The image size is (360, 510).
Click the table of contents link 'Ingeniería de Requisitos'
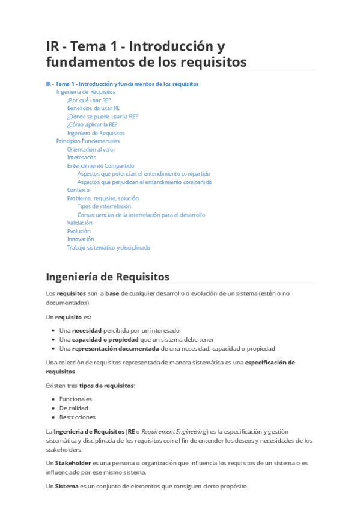pos(85,92)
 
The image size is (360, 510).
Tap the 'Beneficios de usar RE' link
pos(93,108)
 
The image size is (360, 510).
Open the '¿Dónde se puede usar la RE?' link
pos(102,117)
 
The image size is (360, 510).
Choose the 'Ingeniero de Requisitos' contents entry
pos(96,133)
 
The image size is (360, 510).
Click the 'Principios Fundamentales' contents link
pos(88,141)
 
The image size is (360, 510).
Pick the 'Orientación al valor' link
pos(91,149)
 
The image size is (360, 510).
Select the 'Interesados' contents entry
pos(81,158)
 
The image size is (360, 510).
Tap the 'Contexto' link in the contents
pos(78,190)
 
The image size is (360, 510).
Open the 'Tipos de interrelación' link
pos(104,206)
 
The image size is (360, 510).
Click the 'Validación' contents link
pos(79,223)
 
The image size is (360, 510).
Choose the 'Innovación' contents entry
pos(81,239)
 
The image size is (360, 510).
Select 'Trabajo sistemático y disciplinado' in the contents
pos(108,247)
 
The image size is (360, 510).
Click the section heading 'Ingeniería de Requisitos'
pos(108,277)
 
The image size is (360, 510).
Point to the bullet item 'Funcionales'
pos(76,399)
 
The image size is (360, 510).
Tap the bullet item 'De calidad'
pos(74,408)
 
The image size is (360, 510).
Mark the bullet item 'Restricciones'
pos(77,417)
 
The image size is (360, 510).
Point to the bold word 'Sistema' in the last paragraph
pos(67,486)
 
